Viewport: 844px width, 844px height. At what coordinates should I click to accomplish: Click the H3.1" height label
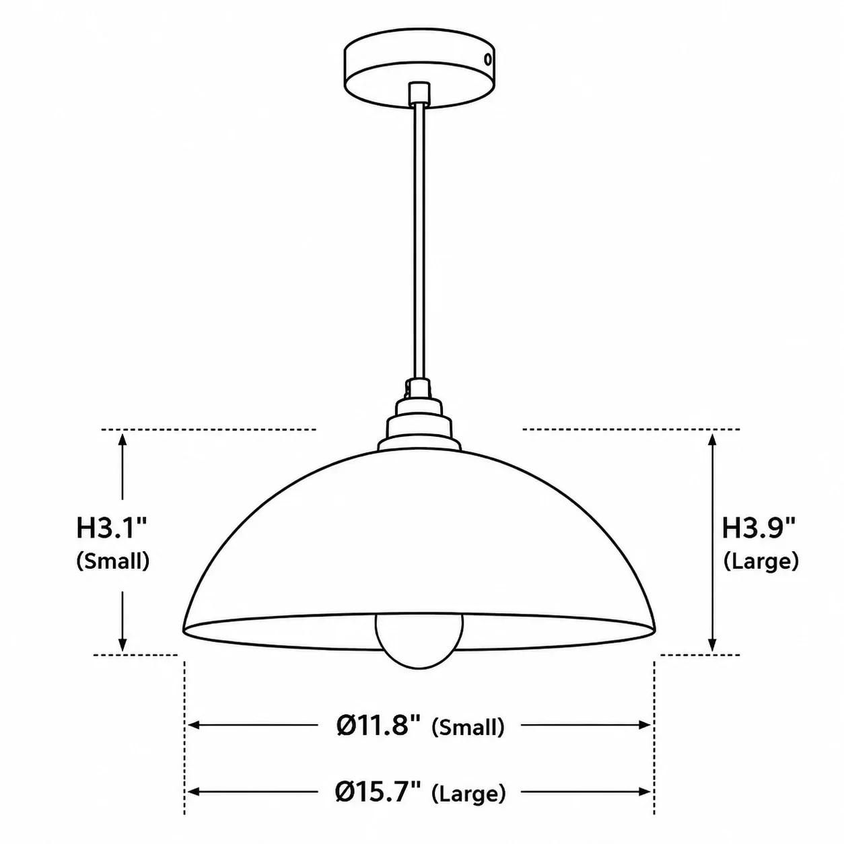tap(111, 528)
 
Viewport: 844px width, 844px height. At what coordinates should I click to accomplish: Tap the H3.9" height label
tap(758, 528)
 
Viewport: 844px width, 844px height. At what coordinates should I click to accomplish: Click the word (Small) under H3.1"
tap(113, 561)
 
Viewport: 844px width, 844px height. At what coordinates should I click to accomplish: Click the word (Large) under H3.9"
tap(761, 561)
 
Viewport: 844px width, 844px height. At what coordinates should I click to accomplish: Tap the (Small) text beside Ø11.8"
tap(468, 727)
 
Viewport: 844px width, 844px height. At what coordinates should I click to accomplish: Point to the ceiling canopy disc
tap(419, 68)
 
